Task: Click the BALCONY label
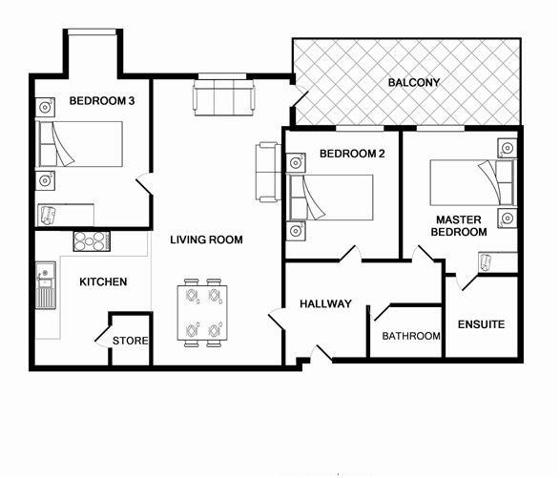414,83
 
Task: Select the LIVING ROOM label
206,239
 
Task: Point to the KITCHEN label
102,281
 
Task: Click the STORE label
130,341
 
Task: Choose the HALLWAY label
325,304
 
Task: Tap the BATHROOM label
410,336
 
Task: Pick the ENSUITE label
481,324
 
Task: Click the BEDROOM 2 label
344,154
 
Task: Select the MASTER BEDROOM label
458,225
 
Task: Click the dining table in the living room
204,313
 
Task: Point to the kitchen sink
45,286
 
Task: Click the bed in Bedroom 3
81,143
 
